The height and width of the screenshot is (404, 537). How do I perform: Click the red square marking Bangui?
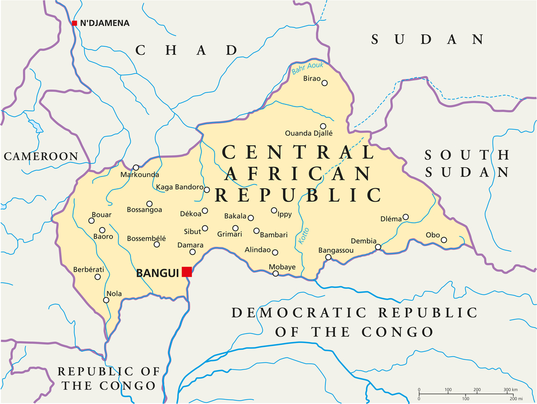tap(187, 272)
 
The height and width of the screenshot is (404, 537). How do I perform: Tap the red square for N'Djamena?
tap(75, 23)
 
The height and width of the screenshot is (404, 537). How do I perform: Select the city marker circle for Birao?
tap(324, 82)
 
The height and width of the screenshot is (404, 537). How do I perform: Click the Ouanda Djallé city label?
tap(308, 133)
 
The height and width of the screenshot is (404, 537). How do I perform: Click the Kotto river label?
tap(302, 238)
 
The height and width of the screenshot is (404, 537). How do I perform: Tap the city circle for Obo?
tap(444, 240)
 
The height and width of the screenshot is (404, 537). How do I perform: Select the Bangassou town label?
tap(336, 251)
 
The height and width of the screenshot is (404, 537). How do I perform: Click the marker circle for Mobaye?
tap(275, 274)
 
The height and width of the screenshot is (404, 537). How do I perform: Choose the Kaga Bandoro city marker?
tap(207, 189)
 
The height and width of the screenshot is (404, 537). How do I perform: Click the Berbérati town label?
tap(89, 269)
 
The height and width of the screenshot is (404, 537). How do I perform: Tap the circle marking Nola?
tap(106, 300)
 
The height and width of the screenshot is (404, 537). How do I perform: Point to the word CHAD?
tap(186, 51)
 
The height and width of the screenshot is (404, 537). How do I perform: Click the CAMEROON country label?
tap(41, 157)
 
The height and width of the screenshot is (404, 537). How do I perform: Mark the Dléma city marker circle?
tap(405, 217)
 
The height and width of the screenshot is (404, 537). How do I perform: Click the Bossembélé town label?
tap(146, 238)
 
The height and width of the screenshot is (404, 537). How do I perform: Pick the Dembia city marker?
tap(378, 247)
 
